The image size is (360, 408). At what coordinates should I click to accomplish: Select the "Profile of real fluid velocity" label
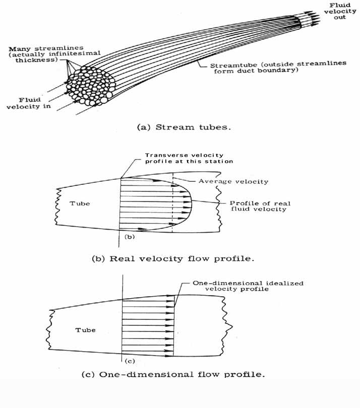tap(253, 206)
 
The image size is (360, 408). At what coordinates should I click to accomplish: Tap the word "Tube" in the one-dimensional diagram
tap(85, 330)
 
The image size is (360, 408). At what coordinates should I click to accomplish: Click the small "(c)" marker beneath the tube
tap(128, 361)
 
